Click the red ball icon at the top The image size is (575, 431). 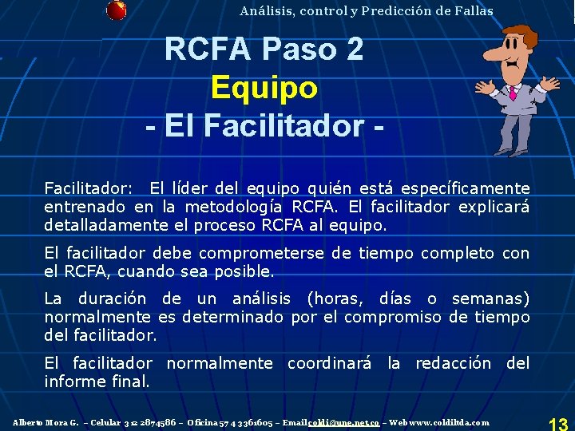[x=116, y=10]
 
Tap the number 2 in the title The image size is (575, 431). [x=353, y=49]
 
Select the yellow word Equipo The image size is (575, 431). [x=264, y=88]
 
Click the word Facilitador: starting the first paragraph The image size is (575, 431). [x=88, y=188]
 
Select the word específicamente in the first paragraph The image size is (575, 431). [x=465, y=188]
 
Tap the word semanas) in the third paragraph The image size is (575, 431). [x=490, y=299]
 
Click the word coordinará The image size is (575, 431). [x=329, y=363]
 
